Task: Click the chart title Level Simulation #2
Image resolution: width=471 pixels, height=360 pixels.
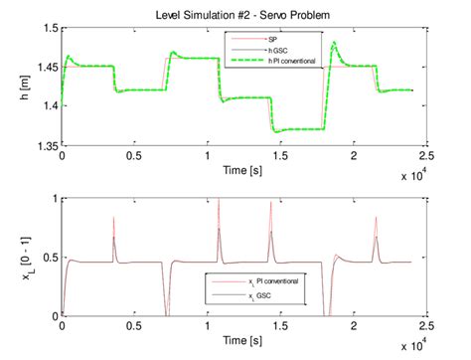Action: pyautogui.click(x=253, y=12)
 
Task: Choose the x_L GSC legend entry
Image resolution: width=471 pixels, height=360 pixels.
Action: pyautogui.click(x=256, y=296)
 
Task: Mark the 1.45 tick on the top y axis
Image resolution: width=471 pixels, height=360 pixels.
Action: pyautogui.click(x=45, y=68)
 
